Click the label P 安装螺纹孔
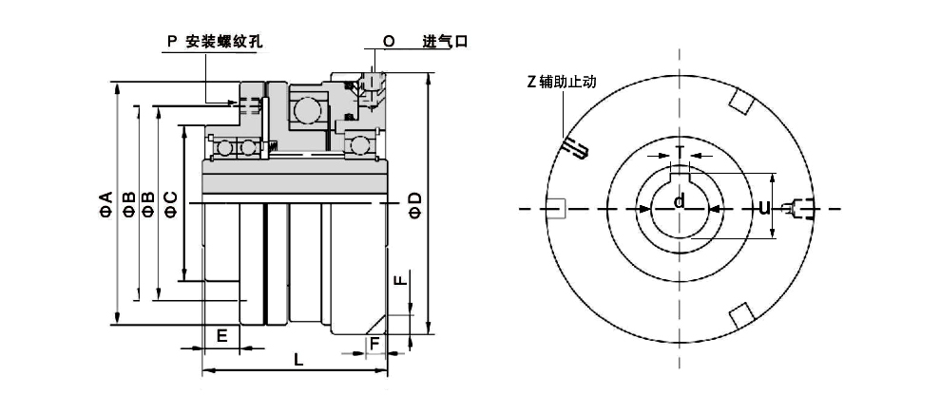click(214, 42)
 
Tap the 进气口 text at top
click(445, 42)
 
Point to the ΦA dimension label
click(106, 203)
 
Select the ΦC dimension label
click(170, 204)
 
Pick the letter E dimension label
click(221, 336)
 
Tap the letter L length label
click(298, 360)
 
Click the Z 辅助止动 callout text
click(562, 82)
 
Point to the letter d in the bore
click(680, 201)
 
